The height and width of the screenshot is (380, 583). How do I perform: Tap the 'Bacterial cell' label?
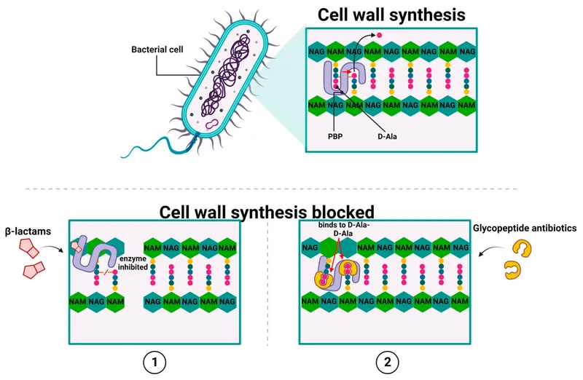point(156,50)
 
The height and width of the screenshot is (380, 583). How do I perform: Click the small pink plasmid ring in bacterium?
point(213,126)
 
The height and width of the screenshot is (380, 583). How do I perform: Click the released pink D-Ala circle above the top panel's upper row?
point(379,34)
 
